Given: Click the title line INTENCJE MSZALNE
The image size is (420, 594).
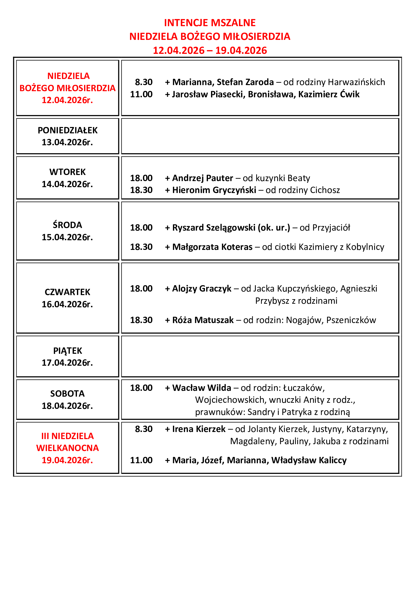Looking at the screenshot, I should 210,23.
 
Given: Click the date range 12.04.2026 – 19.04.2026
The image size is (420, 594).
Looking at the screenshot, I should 210,51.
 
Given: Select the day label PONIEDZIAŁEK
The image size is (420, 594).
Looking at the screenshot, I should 68,130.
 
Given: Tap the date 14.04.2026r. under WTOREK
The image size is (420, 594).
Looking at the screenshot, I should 67,184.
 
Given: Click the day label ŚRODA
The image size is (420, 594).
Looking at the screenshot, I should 67,225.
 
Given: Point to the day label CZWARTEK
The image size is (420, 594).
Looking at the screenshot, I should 67,292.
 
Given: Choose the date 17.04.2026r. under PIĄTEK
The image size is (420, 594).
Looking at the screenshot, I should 67,363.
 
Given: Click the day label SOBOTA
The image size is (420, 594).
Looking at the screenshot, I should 67,393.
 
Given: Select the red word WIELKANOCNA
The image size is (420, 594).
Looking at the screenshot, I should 68,448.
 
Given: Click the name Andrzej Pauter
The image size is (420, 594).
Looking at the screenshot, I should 203,178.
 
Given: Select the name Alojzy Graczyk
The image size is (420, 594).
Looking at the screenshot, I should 202,288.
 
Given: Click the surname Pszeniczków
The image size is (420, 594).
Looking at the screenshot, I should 351,320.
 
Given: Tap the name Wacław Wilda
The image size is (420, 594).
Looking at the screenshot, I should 202,388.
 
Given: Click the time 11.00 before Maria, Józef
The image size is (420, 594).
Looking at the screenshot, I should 141,460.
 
